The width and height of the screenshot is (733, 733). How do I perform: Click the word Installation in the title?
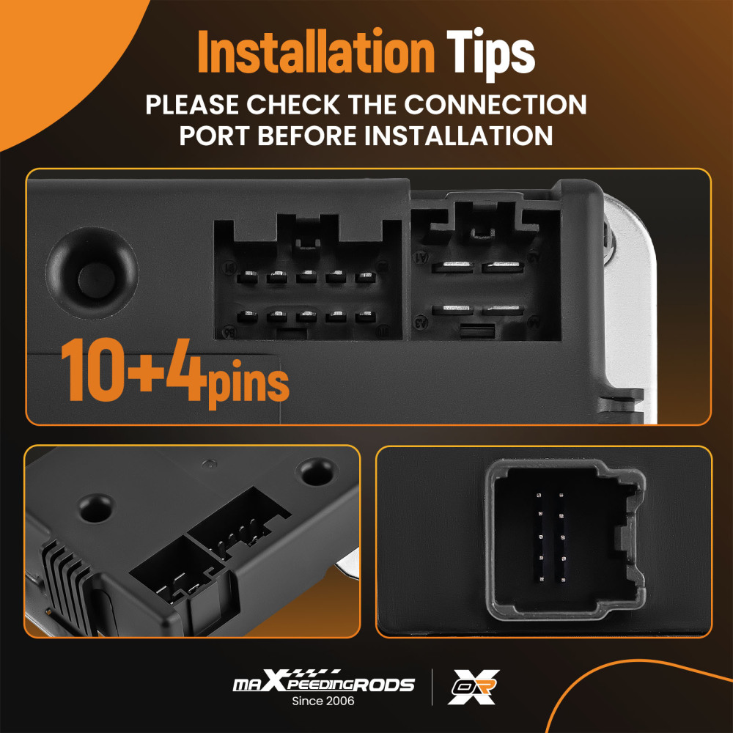tap(316, 52)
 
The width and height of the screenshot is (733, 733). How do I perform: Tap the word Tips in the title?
tap(490, 54)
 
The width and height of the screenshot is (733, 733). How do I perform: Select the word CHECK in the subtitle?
tap(292, 104)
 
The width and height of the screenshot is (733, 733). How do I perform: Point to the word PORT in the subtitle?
tap(215, 136)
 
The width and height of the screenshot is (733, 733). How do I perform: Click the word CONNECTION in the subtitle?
tap(495, 104)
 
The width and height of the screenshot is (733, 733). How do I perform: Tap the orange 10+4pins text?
tap(175, 372)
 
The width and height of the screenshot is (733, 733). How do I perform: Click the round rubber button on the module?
tap(92, 273)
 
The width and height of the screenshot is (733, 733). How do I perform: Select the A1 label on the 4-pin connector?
tap(421, 257)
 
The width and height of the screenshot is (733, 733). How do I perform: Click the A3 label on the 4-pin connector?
tap(421, 322)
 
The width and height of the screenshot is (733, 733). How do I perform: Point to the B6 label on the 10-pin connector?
tap(229, 333)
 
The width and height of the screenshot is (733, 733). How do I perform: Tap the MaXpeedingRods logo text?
tap(323, 681)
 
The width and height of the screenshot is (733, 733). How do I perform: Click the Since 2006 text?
tap(323, 701)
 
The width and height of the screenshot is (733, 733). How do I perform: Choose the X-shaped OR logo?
tap(473, 687)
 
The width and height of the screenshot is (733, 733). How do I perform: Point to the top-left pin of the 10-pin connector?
tap(247, 278)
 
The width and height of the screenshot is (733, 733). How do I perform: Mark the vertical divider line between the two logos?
tap(432, 687)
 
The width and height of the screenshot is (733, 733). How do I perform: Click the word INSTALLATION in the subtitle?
tap(459, 136)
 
